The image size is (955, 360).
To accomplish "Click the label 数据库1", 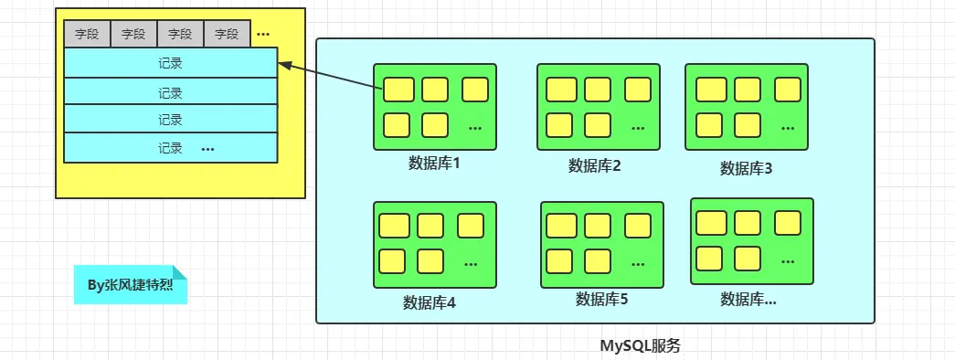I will [x=433, y=164].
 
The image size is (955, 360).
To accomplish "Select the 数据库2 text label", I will [x=594, y=165].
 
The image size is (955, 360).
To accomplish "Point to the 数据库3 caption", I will [x=746, y=167].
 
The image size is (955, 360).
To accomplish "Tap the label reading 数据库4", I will [x=429, y=302].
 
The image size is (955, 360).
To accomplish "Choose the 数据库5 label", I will [x=601, y=298].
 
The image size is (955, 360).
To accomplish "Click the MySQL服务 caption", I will [x=640, y=346].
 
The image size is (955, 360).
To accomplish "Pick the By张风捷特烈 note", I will [x=131, y=285].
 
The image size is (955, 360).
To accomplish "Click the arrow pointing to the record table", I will [x=329, y=76].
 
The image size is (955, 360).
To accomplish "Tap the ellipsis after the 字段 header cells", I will [x=263, y=35].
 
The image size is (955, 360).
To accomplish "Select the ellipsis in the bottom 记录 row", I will [x=207, y=148].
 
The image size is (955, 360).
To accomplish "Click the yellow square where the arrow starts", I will [x=398, y=90].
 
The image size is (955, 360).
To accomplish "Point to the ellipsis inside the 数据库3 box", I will [x=788, y=125].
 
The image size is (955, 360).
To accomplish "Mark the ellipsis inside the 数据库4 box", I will [x=471, y=263].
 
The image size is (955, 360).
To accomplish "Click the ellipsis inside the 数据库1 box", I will [x=475, y=127].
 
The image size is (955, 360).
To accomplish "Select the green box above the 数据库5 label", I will [x=601, y=244].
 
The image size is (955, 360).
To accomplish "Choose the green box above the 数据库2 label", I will [x=598, y=107].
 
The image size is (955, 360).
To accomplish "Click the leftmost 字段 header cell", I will [x=87, y=35].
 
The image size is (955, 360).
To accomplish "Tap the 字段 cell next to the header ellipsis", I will [x=227, y=35].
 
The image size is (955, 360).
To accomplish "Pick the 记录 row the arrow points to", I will [x=170, y=63].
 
